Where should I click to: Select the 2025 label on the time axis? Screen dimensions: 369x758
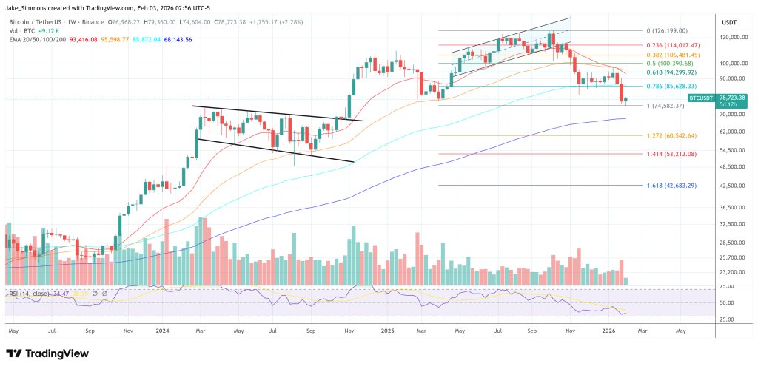pyautogui.click(x=386, y=331)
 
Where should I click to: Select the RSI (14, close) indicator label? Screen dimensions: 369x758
pyautogui.click(x=30, y=294)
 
